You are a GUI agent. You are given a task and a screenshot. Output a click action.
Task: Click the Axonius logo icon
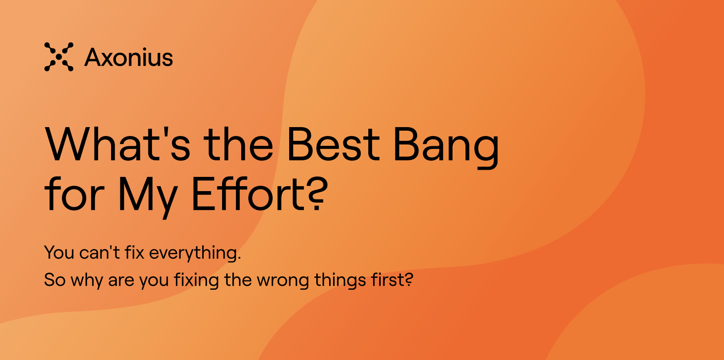(59, 57)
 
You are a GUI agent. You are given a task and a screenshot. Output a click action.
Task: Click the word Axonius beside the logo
(129, 58)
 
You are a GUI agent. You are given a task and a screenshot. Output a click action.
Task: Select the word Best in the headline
(333, 144)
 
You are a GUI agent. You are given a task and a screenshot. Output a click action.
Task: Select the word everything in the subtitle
(195, 253)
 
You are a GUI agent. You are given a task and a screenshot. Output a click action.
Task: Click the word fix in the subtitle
(134, 252)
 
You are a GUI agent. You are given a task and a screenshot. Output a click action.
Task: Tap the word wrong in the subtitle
(283, 280)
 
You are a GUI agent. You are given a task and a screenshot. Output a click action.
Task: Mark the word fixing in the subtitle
(196, 280)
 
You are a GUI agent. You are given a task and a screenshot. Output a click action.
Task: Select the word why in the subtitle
(87, 280)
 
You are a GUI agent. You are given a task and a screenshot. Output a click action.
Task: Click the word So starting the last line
(55, 280)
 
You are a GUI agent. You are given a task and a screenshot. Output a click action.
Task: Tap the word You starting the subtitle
(59, 252)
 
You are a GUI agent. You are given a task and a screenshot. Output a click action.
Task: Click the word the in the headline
(239, 144)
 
